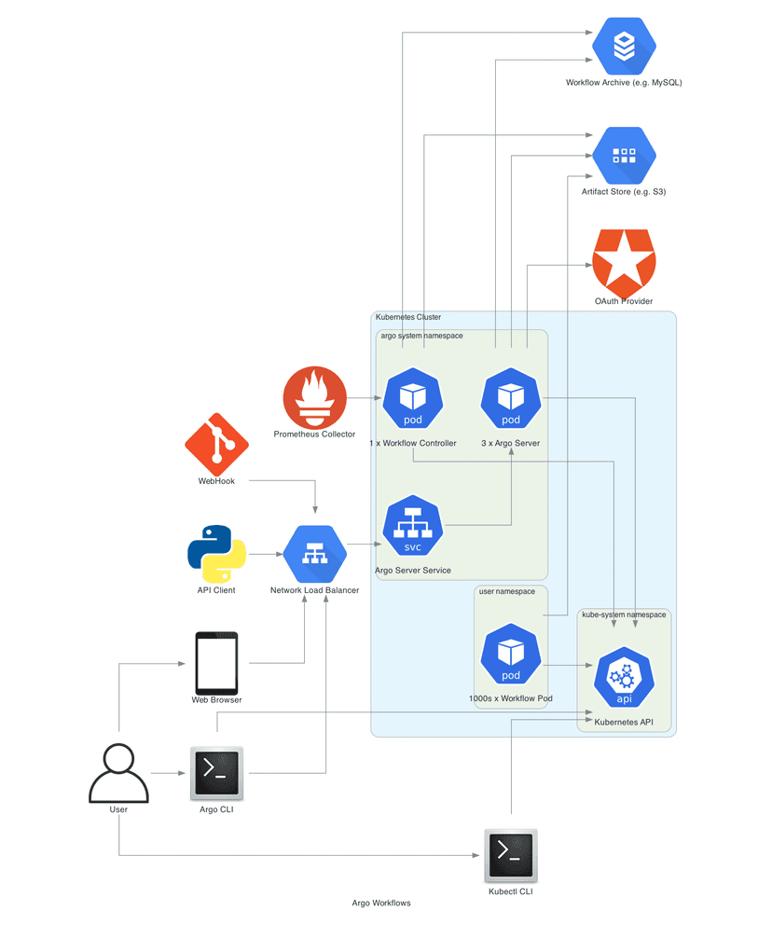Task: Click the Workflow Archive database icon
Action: pyautogui.click(x=624, y=46)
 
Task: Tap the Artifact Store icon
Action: pyautogui.click(x=624, y=156)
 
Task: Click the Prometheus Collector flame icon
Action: pyautogui.click(x=314, y=398)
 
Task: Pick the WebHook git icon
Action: pyautogui.click(x=216, y=445)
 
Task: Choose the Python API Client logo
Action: pyautogui.click(x=216, y=554)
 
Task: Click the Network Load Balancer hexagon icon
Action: pyautogui.click(x=314, y=554)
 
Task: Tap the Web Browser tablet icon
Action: pyautogui.click(x=216, y=663)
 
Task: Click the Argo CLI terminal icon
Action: pyautogui.click(x=216, y=772)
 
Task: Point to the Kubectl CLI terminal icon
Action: pyautogui.click(x=511, y=855)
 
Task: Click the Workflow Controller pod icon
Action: pyautogui.click(x=412, y=398)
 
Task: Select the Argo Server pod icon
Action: pyautogui.click(x=511, y=398)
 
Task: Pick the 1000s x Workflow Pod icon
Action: pyautogui.click(x=511, y=655)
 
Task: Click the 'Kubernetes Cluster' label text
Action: pyautogui.click(x=407, y=318)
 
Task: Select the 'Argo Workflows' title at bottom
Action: pyautogui.click(x=381, y=904)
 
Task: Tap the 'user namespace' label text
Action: pyautogui.click(x=506, y=592)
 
